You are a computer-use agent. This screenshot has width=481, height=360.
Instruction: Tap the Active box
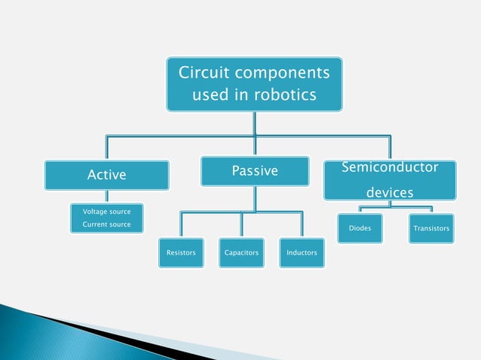(106, 175)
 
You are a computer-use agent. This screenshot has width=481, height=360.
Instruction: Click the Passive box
(255, 172)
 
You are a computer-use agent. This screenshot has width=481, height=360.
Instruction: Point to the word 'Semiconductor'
(390, 166)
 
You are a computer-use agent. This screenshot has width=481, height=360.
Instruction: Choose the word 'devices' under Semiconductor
(390, 193)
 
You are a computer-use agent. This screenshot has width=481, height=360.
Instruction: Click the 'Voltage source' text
(106, 212)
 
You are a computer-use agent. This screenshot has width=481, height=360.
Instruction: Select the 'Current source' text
(106, 224)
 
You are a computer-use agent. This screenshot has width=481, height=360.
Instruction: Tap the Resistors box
(181, 253)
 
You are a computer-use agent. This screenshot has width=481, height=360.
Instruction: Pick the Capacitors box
(241, 253)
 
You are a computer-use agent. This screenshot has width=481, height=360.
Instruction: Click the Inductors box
(302, 253)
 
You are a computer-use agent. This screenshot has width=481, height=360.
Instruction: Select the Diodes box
(360, 227)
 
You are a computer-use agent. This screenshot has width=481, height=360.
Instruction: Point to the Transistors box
(432, 227)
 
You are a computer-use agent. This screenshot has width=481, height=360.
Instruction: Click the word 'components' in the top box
(281, 73)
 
